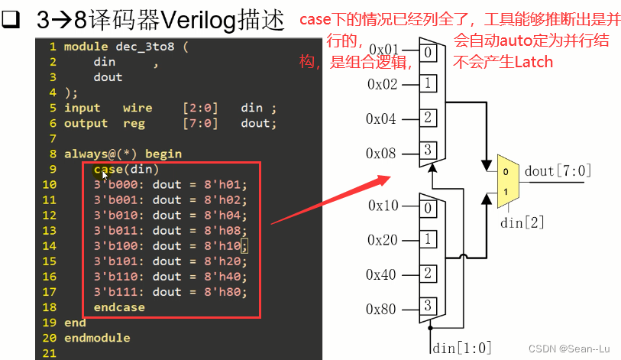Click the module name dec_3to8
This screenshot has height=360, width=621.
(145, 47)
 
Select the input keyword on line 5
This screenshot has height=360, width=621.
(82, 108)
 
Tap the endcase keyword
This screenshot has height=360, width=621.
(119, 307)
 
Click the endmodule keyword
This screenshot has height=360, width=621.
(97, 338)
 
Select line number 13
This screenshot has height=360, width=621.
(50, 231)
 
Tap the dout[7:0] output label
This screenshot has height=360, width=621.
(558, 170)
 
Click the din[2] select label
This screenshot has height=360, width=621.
(522, 222)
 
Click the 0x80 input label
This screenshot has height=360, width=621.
(382, 309)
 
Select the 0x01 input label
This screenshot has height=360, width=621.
(382, 50)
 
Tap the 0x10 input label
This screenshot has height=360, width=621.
(382, 206)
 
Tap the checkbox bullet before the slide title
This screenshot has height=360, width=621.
(11, 21)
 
